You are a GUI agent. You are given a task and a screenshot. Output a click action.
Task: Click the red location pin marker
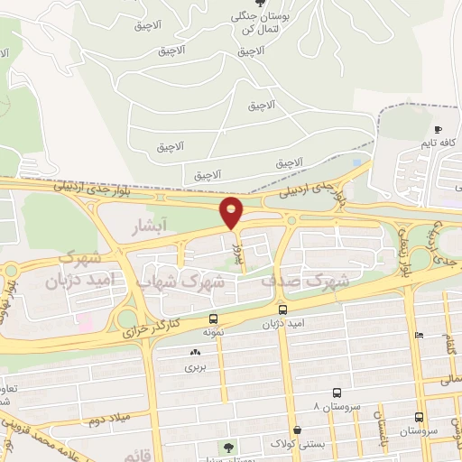(232, 212)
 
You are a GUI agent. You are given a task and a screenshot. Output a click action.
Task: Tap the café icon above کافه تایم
(438, 129)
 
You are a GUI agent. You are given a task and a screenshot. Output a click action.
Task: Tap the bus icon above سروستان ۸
(337, 393)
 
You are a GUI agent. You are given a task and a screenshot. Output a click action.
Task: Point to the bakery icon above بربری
(195, 353)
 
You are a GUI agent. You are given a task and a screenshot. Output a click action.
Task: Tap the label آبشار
(147, 222)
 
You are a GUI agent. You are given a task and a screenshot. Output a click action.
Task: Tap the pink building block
(84, 321)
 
